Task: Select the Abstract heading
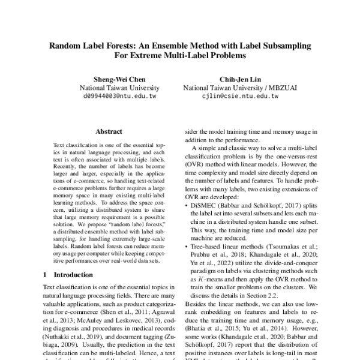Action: (109, 131)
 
